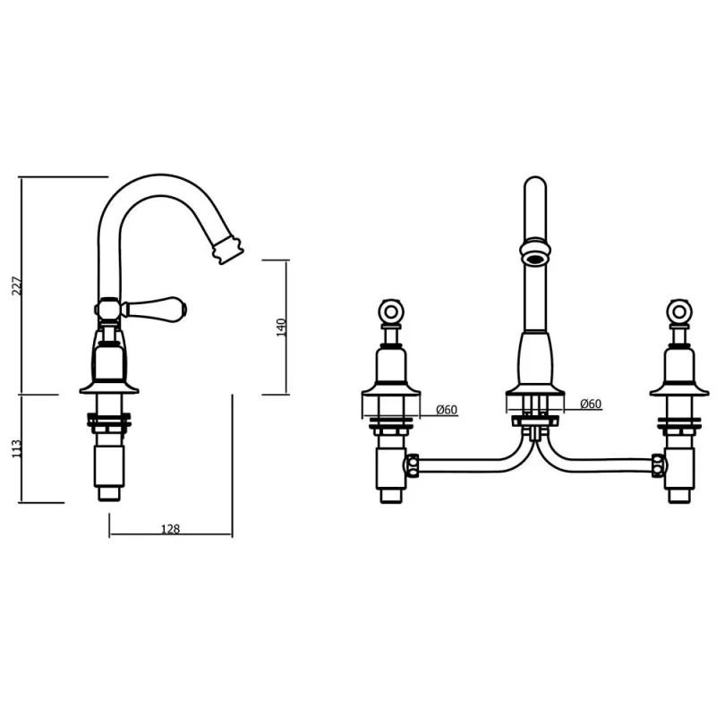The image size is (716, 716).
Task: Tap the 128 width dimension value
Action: [x=170, y=529]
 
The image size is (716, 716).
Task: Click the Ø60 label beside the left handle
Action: [x=447, y=409]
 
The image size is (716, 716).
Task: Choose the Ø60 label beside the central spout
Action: [x=590, y=404]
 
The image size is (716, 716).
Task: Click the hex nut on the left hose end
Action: [x=414, y=465]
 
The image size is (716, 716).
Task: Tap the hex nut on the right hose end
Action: [x=657, y=465]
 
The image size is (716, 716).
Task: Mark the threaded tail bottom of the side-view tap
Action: [x=109, y=490]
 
